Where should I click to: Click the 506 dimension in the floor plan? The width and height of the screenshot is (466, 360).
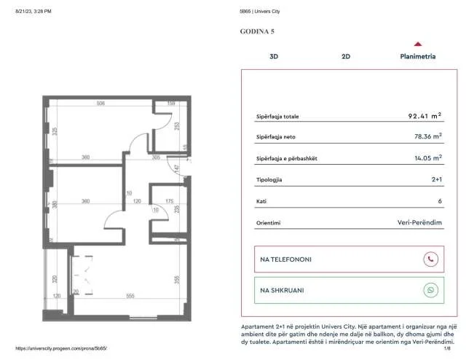100,103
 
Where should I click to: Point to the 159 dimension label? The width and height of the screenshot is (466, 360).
171,103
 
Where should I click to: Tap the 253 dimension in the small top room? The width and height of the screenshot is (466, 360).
177,125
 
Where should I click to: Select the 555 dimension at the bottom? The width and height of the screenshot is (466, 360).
129,295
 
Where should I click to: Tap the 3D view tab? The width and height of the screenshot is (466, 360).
274,56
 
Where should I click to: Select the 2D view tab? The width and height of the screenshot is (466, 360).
346,56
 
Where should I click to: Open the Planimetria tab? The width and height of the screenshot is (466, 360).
418,56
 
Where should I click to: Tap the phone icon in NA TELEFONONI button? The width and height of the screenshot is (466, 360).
431,259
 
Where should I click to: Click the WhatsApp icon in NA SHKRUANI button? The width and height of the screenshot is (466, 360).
431,289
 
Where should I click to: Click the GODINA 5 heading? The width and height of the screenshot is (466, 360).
257,31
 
